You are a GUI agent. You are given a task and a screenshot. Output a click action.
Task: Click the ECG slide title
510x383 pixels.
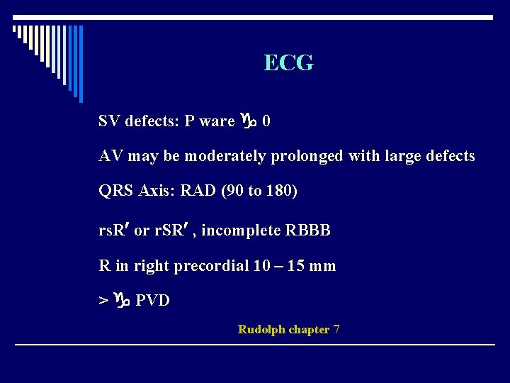(288, 63)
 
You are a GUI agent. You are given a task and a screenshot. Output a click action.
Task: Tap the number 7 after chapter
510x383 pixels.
(336, 329)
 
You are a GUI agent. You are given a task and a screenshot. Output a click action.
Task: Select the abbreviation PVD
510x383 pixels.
(152, 301)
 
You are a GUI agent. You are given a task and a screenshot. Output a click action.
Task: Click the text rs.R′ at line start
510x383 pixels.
(113, 231)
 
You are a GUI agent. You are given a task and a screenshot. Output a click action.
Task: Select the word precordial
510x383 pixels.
(211, 266)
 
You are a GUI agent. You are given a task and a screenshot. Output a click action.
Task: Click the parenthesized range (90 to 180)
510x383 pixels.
(258, 191)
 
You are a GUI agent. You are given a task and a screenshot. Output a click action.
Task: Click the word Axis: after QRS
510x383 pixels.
(156, 191)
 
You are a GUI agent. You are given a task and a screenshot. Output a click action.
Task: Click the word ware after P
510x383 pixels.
(217, 121)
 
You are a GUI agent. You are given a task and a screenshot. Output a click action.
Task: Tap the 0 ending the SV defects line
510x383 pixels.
(266, 121)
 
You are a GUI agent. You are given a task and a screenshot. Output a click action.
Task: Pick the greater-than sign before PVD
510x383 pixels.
(103, 301)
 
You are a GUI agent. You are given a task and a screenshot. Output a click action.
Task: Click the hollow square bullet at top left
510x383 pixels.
(16, 30)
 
